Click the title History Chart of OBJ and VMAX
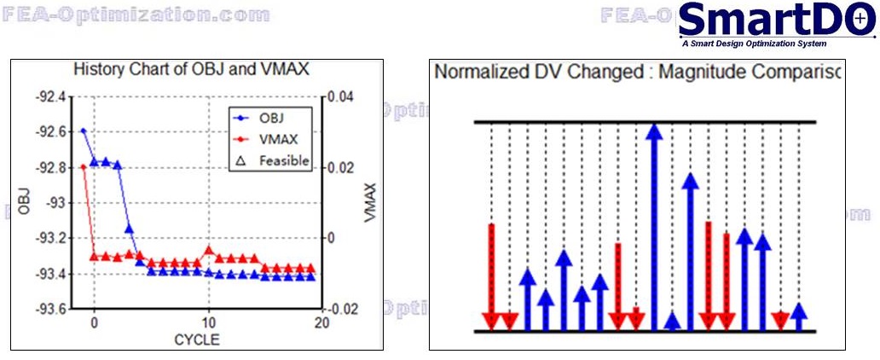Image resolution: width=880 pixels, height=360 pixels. pyautogui.click(x=191, y=68)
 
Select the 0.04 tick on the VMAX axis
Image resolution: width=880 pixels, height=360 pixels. pyautogui.click(x=341, y=96)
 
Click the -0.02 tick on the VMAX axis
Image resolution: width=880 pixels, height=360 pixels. pyautogui.click(x=343, y=309)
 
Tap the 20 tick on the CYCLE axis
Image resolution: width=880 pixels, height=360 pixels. pyautogui.click(x=321, y=323)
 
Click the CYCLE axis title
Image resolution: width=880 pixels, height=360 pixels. pyautogui.click(x=196, y=340)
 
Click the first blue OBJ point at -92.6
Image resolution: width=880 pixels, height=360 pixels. pyautogui.click(x=83, y=131)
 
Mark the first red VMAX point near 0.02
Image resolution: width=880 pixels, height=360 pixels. pyautogui.click(x=83, y=167)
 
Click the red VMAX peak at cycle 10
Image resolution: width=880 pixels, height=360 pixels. pyautogui.click(x=209, y=250)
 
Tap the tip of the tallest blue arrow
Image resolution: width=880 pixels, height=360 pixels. pyautogui.click(x=654, y=128)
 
